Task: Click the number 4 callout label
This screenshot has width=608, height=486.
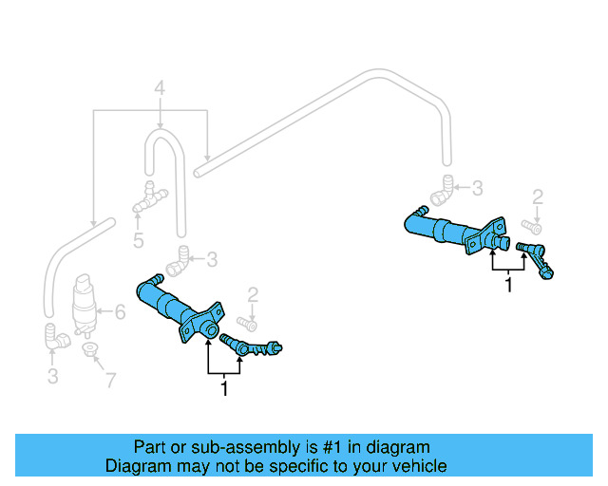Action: [x=160, y=91]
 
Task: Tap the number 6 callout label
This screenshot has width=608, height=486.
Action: [x=120, y=310]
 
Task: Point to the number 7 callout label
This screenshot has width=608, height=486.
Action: [x=110, y=382]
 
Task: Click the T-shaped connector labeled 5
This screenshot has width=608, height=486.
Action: [x=148, y=197]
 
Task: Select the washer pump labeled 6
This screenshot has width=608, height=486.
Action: [x=85, y=305]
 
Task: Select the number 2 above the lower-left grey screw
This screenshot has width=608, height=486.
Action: [x=253, y=293]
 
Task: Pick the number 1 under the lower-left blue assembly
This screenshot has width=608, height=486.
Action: [x=224, y=388]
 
